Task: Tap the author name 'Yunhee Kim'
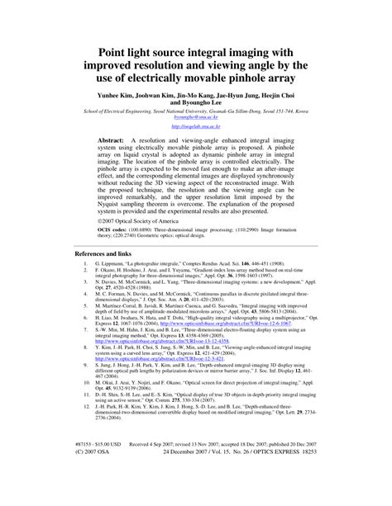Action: (x=118, y=96)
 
